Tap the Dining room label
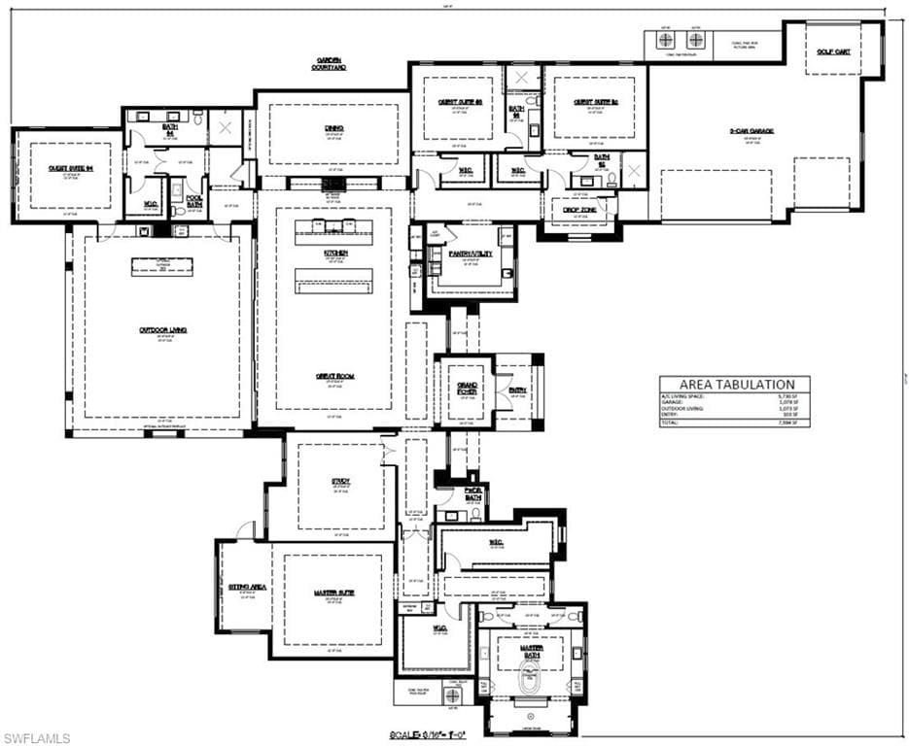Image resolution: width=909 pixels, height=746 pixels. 333,128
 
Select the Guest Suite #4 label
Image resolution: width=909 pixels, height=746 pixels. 69,168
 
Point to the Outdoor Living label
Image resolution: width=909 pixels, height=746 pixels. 162,330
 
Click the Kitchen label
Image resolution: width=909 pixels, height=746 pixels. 336,254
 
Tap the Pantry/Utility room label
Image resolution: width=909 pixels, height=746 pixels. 471,254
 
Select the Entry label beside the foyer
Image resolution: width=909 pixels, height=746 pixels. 517,390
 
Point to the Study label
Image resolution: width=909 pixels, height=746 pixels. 340,481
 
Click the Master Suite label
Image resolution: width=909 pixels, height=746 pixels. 332,593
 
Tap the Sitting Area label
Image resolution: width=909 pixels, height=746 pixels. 247,588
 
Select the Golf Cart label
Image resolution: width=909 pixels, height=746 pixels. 833,51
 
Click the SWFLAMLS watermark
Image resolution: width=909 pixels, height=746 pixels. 36,738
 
